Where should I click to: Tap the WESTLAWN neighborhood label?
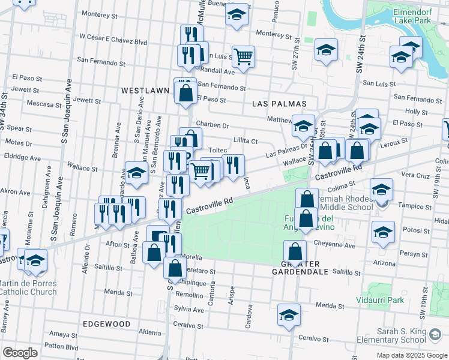(x=145, y=90)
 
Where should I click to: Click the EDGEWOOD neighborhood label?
(x=106, y=323)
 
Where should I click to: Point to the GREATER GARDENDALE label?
(x=305, y=268)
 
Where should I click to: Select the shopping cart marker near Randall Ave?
(x=244, y=57)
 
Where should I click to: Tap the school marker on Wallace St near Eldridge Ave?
(x=136, y=173)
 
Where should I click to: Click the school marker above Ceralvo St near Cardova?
(x=289, y=315)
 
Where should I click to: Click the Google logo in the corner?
(x=20, y=353)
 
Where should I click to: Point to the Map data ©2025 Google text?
(x=412, y=356)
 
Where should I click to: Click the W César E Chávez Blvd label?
(x=112, y=42)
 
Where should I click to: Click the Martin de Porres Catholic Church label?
(x=28, y=287)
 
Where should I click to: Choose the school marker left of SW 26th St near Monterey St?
(x=326, y=50)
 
